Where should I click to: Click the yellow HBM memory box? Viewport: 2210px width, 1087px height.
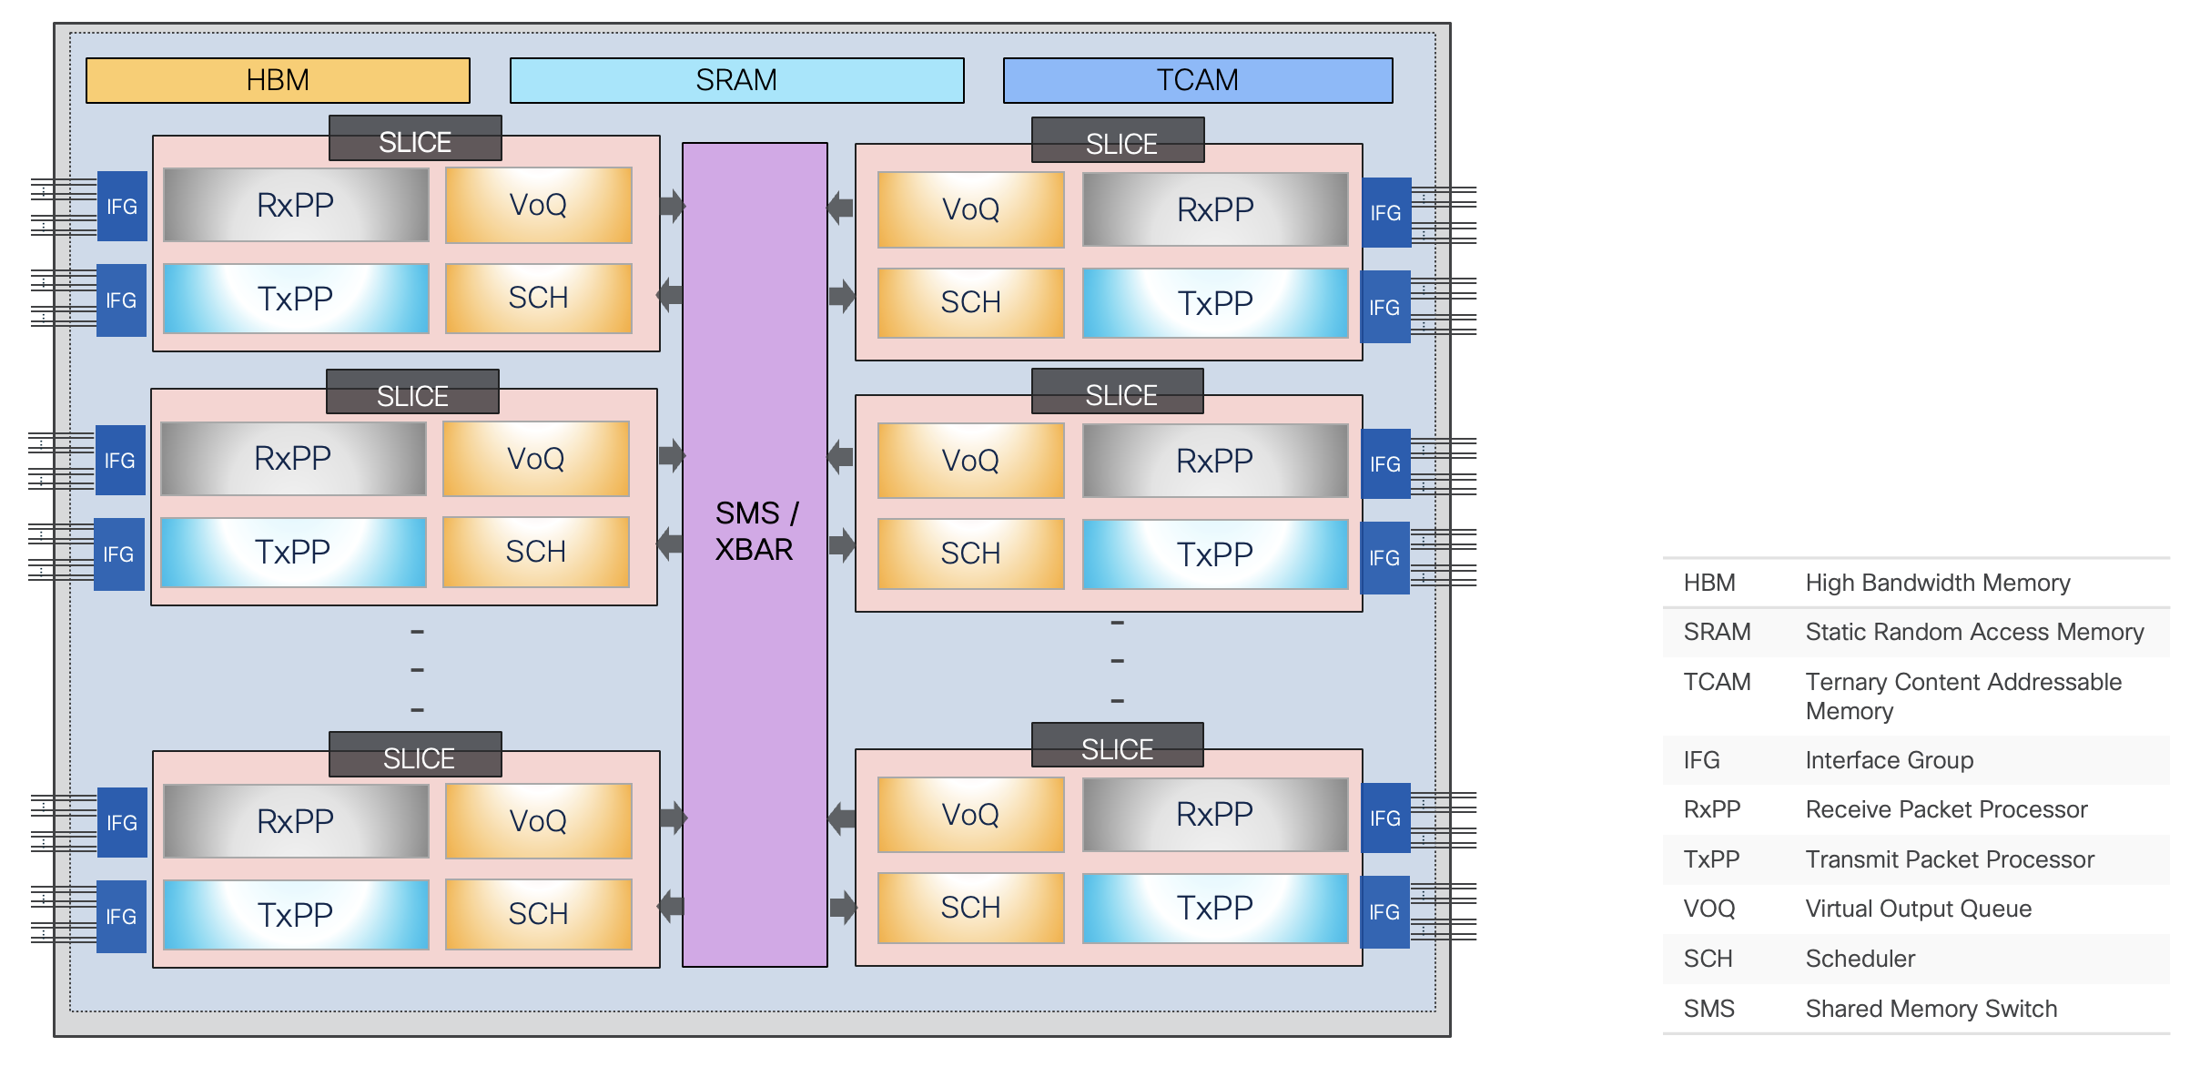pyautogui.click(x=278, y=80)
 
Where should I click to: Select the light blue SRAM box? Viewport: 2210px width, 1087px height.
pyautogui.click(x=736, y=80)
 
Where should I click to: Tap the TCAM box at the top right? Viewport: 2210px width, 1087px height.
pyautogui.click(x=1197, y=80)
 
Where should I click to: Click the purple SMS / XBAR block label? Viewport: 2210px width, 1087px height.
pyautogui.click(x=755, y=531)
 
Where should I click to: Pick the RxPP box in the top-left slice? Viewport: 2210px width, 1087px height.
pyautogui.click(x=296, y=205)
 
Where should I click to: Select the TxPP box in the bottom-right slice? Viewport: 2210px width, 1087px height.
pyautogui.click(x=1214, y=908)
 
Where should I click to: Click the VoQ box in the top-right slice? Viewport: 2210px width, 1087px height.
pyautogui.click(x=970, y=209)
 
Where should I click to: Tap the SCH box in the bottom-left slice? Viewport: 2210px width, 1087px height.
pyautogui.click(x=538, y=913)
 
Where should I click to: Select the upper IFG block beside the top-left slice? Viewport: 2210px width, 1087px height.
pyautogui.click(x=122, y=207)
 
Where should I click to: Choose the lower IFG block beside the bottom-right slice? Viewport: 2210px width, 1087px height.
pyautogui.click(x=1384, y=912)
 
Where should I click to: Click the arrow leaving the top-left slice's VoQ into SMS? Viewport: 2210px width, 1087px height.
pyautogui.click(x=672, y=206)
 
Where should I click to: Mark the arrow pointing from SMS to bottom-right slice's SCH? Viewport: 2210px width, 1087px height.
pyautogui.click(x=843, y=907)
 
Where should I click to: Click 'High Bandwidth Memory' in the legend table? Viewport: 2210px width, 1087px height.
pyautogui.click(x=1937, y=583)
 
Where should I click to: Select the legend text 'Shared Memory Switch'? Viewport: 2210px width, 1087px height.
pyautogui.click(x=1931, y=1009)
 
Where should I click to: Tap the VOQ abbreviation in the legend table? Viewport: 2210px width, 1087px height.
pyautogui.click(x=1708, y=909)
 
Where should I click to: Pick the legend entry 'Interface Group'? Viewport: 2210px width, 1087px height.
pyautogui.click(x=1889, y=760)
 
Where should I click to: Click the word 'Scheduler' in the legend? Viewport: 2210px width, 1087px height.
pyautogui.click(x=1860, y=959)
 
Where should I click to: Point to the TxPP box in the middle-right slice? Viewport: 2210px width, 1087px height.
pyautogui.click(x=1214, y=554)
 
